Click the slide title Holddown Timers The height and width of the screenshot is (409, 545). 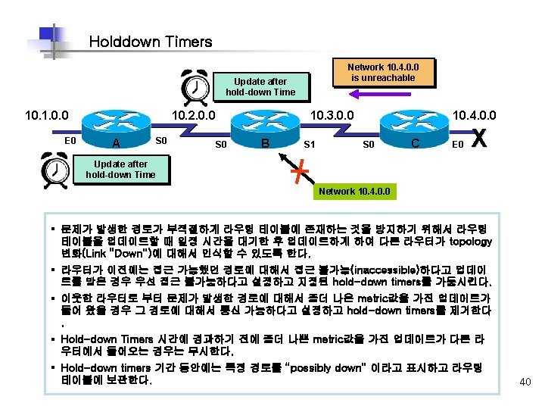[150, 42]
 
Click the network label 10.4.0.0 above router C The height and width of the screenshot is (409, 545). [474, 115]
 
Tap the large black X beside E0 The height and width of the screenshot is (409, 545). [479, 139]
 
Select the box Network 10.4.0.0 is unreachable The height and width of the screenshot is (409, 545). [383, 72]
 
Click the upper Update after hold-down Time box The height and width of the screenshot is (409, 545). [260, 86]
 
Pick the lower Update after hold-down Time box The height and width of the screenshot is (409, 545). [120, 169]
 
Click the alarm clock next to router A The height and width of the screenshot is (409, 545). [54, 168]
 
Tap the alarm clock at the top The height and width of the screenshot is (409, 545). [197, 86]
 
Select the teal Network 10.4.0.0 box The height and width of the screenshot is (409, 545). [355, 191]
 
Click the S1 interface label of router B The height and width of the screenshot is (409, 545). [309, 143]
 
